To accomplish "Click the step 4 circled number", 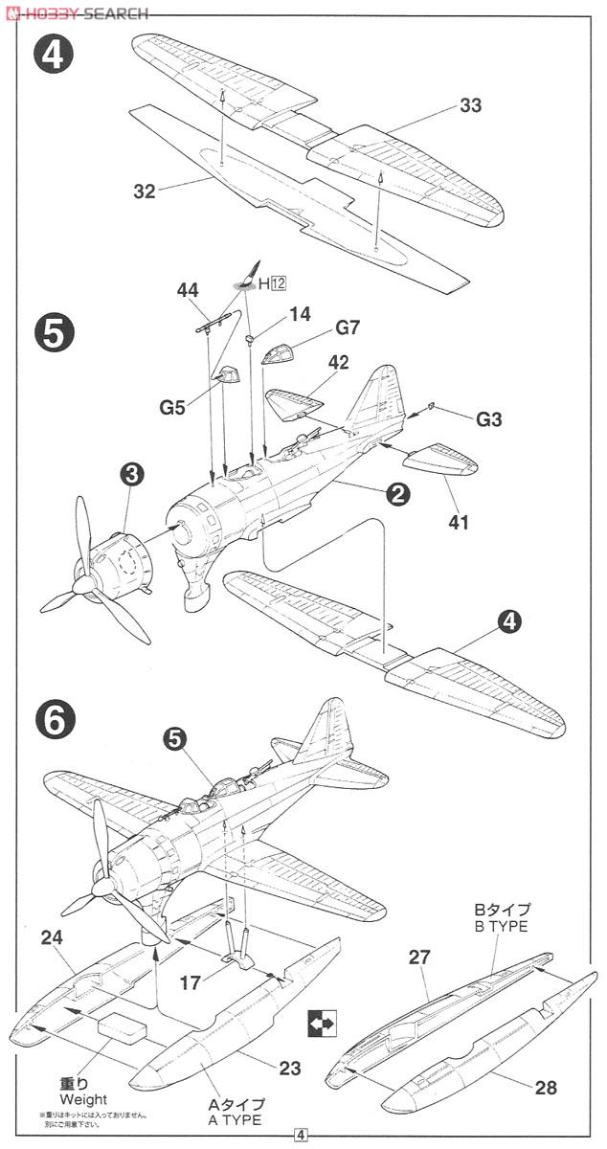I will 54,55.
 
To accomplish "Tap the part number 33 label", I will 470,106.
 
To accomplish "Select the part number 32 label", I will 144,191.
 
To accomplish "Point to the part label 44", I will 189,289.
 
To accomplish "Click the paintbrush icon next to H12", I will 247,275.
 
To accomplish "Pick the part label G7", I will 348,328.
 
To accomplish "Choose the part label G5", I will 173,406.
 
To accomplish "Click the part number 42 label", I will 338,363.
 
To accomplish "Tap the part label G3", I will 489,419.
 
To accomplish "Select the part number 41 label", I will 458,523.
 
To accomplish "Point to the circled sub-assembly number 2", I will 397,494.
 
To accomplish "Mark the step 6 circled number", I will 54,718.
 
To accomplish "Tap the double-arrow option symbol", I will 322,1024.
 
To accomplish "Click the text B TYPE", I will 501,926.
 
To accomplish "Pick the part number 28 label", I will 547,1087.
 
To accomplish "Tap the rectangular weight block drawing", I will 121,1026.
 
